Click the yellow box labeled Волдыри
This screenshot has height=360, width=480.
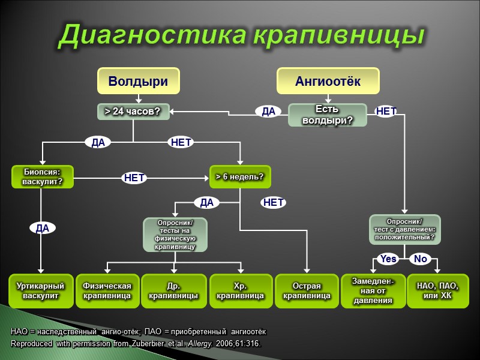(138, 81)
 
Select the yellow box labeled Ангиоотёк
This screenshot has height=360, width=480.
(328, 81)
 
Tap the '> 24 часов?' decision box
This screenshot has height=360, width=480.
(133, 112)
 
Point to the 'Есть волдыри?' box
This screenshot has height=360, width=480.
(327, 115)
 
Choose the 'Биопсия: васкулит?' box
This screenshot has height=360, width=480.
(43, 176)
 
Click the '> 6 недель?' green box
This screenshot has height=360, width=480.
(239, 176)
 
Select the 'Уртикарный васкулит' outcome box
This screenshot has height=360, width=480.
(41, 291)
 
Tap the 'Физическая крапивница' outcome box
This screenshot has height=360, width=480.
(107, 291)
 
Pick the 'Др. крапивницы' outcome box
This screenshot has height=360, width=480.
(173, 291)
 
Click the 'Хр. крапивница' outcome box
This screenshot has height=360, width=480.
(240, 291)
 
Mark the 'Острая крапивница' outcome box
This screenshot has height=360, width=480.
(307, 291)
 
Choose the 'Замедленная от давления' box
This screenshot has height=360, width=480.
(373, 291)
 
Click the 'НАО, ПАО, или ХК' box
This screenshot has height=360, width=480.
(438, 291)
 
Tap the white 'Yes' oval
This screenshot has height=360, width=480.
(388, 259)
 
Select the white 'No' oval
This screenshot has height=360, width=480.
(421, 259)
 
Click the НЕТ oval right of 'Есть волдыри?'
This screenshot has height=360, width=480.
(386, 111)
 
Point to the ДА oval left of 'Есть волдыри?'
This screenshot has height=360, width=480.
(268, 111)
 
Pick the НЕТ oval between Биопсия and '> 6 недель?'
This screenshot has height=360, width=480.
(134, 178)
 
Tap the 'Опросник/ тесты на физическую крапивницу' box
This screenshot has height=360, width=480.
(175, 234)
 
